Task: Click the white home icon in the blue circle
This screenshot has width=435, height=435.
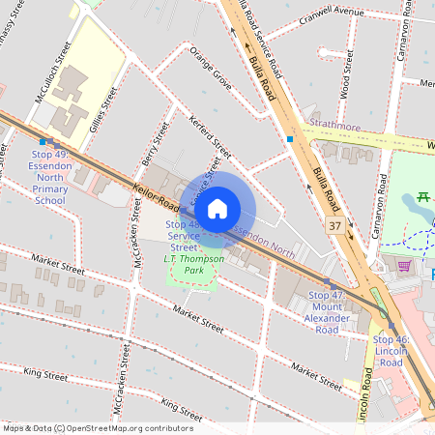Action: [217, 208]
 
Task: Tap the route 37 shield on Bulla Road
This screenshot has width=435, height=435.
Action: [333, 225]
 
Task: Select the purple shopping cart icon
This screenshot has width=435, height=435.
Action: [403, 265]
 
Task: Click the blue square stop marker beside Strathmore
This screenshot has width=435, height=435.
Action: [289, 139]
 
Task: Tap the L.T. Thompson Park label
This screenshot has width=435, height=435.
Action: [193, 263]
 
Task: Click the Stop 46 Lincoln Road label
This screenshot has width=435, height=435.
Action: [397, 346]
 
